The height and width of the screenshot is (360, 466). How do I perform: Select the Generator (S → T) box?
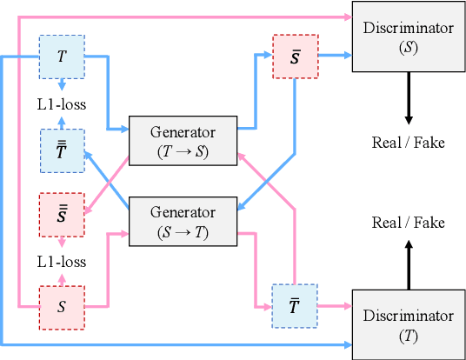click(183, 221)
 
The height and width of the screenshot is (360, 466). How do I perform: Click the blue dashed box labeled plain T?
click(61, 57)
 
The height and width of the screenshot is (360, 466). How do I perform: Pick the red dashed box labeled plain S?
click(61, 307)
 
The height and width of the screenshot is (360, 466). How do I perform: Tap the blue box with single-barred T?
click(296, 305)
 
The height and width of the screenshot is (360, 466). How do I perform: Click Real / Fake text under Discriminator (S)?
click(408, 142)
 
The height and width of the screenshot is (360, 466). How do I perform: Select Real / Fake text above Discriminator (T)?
click(408, 223)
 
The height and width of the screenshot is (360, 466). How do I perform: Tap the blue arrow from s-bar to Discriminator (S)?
click(335, 55)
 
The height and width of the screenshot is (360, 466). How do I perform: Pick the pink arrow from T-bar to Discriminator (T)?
click(335, 305)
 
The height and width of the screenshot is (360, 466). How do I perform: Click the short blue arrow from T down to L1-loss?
click(61, 83)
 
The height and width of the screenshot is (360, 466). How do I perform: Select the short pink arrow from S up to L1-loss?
click(61, 280)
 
